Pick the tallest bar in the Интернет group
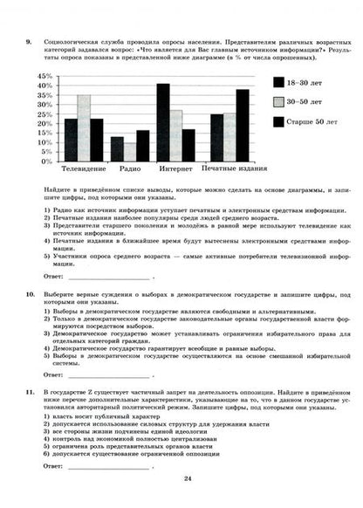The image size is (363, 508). coord(163,123)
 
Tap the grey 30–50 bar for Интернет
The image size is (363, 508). coord(176,136)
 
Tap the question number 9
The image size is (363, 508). coord(30,41)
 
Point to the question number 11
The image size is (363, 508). coord(31,394)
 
